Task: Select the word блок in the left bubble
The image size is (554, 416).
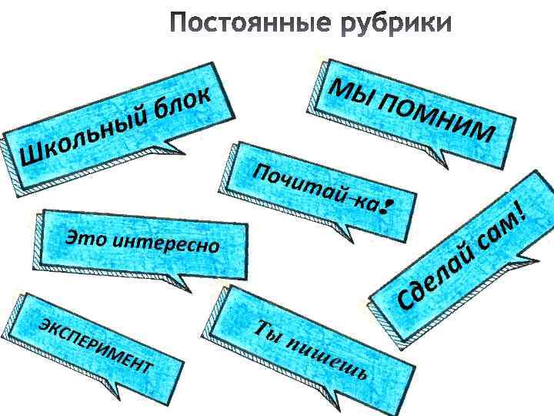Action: (x=181, y=106)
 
